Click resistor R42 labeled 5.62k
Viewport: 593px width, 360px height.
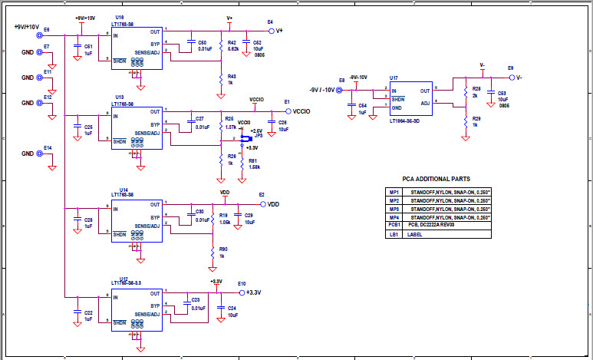tap(221, 46)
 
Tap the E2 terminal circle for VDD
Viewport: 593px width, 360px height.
tap(263, 204)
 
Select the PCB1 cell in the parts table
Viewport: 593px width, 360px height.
tap(394, 225)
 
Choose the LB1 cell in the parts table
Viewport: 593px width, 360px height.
tap(394, 234)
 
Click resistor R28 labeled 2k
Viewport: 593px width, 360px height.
tap(466, 92)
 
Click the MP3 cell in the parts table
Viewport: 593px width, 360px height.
tap(394, 208)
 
